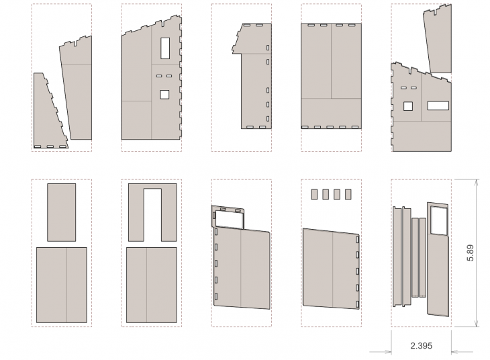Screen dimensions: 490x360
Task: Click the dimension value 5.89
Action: click(471, 253)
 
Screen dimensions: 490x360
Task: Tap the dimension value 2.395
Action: click(422, 346)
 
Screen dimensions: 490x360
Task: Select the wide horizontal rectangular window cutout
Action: click(438, 105)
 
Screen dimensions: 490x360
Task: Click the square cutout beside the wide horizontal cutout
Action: click(408, 106)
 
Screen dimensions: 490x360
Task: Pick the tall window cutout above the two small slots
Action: click(165, 48)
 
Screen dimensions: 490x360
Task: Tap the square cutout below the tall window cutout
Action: click(164, 95)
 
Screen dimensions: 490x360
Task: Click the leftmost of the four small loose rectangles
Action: click(314, 194)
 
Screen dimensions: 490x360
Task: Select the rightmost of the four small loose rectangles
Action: click(348, 194)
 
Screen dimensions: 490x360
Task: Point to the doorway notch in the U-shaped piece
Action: click(152, 214)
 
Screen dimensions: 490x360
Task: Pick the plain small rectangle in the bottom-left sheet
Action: click(61, 212)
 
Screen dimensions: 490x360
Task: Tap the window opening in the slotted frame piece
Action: click(229, 218)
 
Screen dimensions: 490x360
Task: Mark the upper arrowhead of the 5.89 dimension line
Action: click(476, 182)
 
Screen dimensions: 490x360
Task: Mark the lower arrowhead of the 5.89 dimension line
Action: click(476, 324)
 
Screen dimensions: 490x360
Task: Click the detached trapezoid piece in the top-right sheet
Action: click(438, 38)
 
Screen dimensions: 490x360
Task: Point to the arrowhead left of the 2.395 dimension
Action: click(388, 352)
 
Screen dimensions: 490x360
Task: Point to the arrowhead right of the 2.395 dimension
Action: click(455, 352)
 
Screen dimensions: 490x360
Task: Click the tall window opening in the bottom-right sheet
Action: click(439, 220)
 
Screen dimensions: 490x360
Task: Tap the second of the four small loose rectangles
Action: click(326, 194)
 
